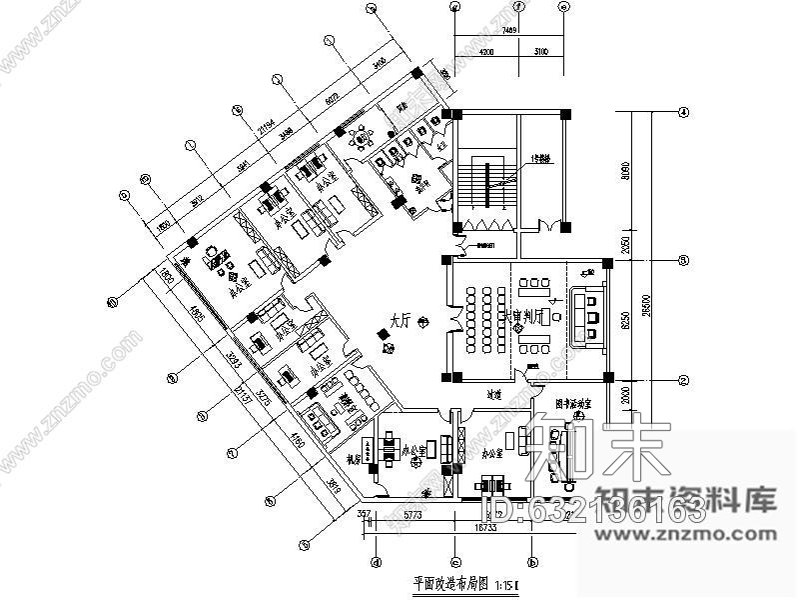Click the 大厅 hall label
click(400, 322)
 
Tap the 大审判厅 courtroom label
click(528, 316)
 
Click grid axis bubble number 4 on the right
click(685, 112)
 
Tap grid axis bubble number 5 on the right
click(685, 261)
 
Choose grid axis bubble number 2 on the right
click(685, 380)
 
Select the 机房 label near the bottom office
click(353, 459)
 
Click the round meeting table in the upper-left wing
click(213, 257)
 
